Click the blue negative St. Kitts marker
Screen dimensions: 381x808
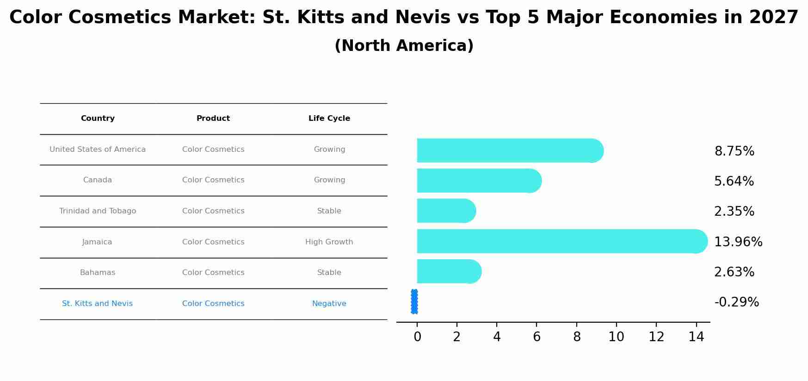414,302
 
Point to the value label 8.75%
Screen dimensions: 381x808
734,151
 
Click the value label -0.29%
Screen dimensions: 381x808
736,302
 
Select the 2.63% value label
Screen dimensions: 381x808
734,272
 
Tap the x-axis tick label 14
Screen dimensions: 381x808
696,337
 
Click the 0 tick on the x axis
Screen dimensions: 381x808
417,337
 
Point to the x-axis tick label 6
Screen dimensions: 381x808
537,337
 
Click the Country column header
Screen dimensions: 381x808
98,119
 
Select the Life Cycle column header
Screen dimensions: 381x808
329,119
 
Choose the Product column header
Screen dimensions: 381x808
213,119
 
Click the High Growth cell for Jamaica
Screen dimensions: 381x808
329,242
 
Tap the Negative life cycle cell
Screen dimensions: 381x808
329,304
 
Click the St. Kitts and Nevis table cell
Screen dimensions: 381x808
97,304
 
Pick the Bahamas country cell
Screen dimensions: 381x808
97,273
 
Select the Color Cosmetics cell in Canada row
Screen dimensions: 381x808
213,180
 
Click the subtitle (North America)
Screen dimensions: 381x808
404,46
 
